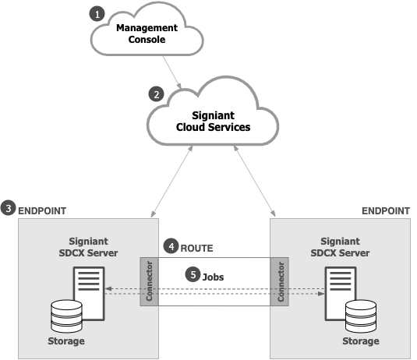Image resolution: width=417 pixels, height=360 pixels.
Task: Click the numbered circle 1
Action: pos(97,14)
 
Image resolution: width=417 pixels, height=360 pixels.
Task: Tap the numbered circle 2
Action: pos(156,94)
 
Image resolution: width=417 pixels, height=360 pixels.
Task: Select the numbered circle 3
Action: pos(9,208)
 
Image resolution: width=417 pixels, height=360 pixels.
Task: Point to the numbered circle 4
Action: pos(171,246)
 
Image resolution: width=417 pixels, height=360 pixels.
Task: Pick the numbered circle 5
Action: pos(193,274)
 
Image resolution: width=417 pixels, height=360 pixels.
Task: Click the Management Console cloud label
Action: pos(147,34)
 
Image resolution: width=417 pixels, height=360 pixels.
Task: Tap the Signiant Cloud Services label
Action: pos(213,122)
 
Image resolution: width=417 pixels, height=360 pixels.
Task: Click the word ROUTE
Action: pos(196,249)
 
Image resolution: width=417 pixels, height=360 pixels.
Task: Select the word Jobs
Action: pos(213,277)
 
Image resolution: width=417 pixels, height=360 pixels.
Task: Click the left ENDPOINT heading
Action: pos(42,211)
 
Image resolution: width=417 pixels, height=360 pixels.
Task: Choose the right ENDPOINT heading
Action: pos(386,211)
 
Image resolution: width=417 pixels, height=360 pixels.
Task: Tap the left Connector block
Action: pos(149,281)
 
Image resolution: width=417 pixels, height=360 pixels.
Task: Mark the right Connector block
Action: pos(280,281)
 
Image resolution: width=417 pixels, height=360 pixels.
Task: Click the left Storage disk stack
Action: pos(66,316)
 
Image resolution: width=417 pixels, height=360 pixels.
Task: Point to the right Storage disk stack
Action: pos(361,316)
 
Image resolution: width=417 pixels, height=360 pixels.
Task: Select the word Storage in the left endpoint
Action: pos(66,341)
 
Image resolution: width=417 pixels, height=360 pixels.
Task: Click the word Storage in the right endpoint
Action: pos(361,341)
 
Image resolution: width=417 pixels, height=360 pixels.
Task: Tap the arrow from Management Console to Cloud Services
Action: pos(172,72)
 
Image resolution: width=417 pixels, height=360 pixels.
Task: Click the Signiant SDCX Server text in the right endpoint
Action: pos(340,247)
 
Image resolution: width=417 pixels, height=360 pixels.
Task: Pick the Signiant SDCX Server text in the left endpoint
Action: pos(88,247)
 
